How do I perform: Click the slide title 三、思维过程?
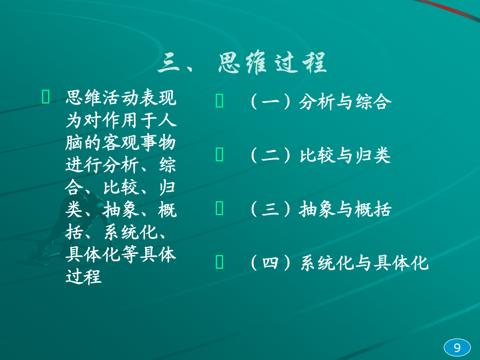(242, 62)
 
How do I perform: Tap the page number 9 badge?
(457, 348)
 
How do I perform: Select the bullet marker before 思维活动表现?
(46, 97)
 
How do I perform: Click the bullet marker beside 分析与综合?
(220, 101)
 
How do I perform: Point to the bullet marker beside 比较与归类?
(220, 154)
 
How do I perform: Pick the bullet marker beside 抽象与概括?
(220, 208)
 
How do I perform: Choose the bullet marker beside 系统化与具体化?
(220, 262)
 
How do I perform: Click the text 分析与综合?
(345, 102)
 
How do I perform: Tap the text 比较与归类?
(345, 155)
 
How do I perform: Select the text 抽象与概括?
(345, 209)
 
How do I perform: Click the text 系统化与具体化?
(364, 263)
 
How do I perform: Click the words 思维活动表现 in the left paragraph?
(121, 98)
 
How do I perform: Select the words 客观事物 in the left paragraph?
(139, 142)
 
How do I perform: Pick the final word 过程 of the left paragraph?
(83, 276)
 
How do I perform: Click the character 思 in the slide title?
(229, 63)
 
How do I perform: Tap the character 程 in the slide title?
(314, 63)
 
